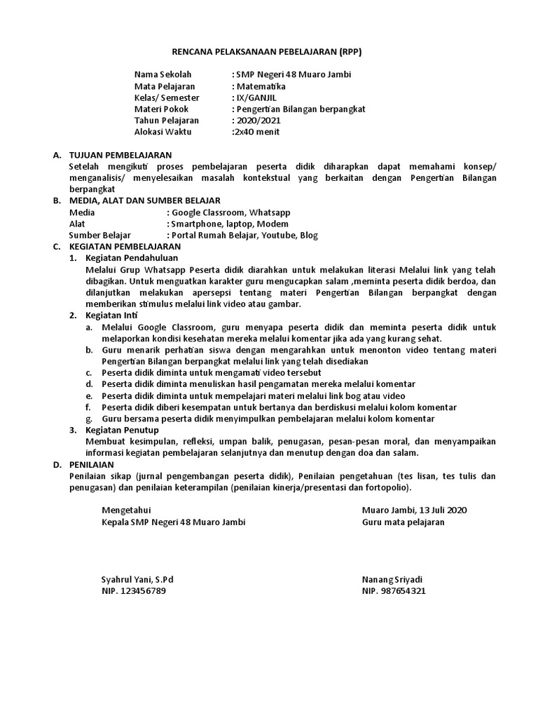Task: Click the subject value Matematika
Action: point(261,86)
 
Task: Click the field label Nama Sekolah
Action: point(163,75)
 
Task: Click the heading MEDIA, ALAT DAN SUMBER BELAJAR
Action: point(145,200)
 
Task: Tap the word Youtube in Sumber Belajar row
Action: point(279,235)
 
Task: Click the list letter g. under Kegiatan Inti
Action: point(89,419)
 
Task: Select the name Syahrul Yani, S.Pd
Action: point(137,580)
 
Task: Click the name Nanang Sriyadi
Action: point(397,580)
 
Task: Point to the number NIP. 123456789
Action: point(134,591)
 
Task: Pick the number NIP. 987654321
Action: point(394,591)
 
